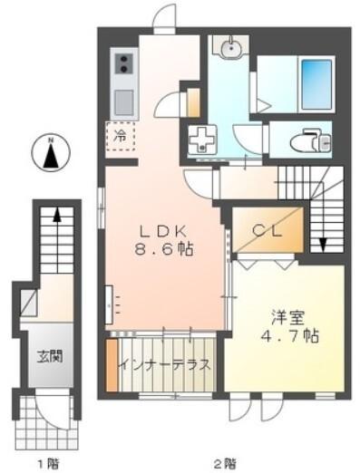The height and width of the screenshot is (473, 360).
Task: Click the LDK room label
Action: click(162, 232)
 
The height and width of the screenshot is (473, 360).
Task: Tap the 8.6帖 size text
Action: click(163, 249)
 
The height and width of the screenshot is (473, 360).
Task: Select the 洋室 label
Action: click(287, 317)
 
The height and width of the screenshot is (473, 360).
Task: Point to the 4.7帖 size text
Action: click(289, 335)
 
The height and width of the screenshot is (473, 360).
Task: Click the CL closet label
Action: click(268, 231)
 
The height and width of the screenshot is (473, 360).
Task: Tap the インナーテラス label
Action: click(164, 365)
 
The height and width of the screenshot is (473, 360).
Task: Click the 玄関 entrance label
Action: click(50, 356)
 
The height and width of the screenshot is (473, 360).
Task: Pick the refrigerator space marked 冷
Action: click(120, 137)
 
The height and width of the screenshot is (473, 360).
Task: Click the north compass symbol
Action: click(51, 152)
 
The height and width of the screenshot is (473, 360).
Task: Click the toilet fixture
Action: click(311, 140)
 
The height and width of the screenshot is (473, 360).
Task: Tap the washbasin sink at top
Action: click(231, 47)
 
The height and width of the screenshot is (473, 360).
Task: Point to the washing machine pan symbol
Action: click(201, 140)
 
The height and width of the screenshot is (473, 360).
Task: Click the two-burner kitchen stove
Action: click(123, 64)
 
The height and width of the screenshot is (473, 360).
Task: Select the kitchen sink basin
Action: click(124, 102)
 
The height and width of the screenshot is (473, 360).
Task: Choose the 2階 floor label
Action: click(226, 463)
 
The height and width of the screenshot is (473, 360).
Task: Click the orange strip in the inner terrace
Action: click(112, 365)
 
